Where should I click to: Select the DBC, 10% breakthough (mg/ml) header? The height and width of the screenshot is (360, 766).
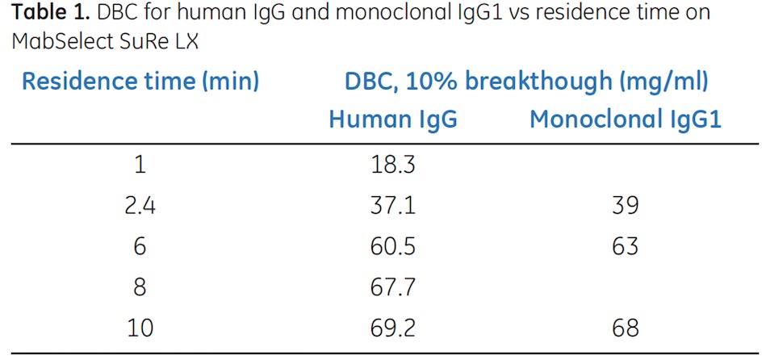click(x=526, y=82)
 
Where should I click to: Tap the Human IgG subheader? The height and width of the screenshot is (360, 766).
click(x=393, y=119)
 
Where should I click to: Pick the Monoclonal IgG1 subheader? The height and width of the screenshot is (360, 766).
click(x=625, y=119)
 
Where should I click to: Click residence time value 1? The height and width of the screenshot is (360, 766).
click(x=140, y=165)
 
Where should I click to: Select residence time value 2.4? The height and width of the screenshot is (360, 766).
click(x=140, y=205)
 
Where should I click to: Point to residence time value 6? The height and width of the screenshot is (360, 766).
click(x=140, y=245)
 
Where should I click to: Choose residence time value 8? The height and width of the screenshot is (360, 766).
click(x=140, y=287)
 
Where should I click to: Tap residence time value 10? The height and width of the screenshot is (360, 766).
click(x=140, y=327)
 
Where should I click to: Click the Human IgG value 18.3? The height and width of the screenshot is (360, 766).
click(x=393, y=165)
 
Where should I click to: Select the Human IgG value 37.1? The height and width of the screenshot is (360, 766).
click(x=393, y=205)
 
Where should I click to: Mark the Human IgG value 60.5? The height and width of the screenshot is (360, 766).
click(x=393, y=245)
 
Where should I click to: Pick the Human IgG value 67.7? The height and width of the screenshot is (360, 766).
click(x=393, y=287)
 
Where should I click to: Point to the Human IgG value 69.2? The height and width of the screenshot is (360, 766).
click(x=393, y=327)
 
